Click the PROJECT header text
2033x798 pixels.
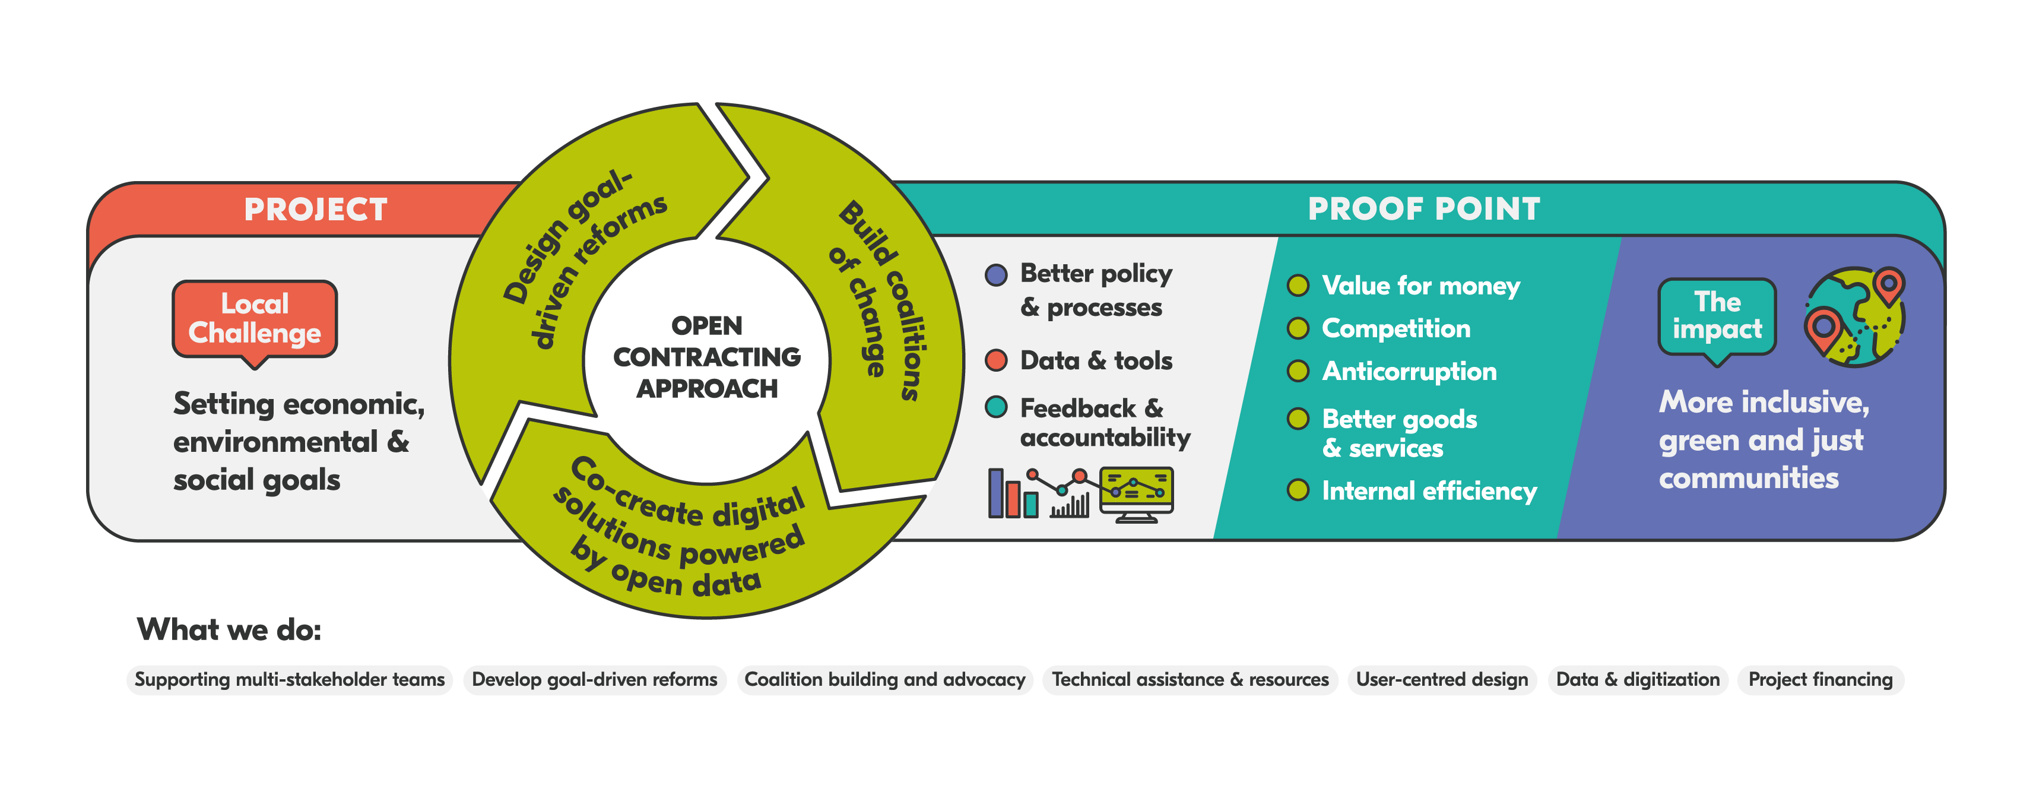(x=316, y=209)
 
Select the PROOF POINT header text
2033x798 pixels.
(x=1424, y=209)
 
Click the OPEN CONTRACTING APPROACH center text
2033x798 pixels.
(x=706, y=357)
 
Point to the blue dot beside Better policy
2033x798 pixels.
(x=996, y=275)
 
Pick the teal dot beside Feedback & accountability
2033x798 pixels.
(x=996, y=407)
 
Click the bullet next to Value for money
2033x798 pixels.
(x=1298, y=286)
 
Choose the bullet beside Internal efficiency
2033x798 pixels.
(x=1298, y=490)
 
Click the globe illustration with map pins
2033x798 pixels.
(x=1855, y=316)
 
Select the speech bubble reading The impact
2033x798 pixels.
(x=1717, y=319)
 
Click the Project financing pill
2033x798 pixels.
(x=1820, y=680)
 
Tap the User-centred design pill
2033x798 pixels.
(x=1442, y=680)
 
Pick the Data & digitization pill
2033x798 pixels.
(x=1638, y=680)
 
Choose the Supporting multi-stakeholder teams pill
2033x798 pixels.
(x=290, y=680)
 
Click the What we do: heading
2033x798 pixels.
(x=229, y=630)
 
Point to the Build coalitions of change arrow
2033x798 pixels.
(x=884, y=300)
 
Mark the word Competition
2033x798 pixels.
(x=1396, y=328)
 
